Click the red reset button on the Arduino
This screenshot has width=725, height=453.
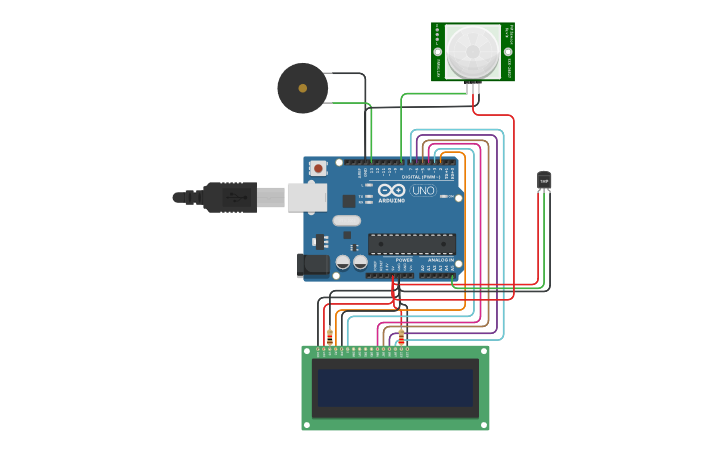[318, 168]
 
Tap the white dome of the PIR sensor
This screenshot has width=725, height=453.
[473, 51]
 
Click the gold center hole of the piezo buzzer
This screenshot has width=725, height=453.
[302, 88]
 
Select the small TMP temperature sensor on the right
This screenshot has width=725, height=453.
[544, 180]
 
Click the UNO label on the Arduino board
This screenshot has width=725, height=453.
[424, 190]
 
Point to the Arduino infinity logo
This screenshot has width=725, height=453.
[391, 190]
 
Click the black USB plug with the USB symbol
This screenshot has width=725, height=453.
[231, 197]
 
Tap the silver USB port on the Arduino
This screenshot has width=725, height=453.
[307, 197]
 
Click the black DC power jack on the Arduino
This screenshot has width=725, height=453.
[313, 265]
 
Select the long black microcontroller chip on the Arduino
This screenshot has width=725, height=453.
[412, 244]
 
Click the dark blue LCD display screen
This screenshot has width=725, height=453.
[395, 388]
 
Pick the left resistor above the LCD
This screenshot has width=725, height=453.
[330, 335]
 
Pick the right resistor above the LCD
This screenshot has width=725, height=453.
[401, 335]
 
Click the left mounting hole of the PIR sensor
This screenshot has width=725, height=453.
[437, 51]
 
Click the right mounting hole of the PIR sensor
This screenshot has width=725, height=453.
[508, 51]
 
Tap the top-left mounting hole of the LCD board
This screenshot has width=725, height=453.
[307, 351]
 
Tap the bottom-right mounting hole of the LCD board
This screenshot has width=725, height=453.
[484, 425]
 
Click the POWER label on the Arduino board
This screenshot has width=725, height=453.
[404, 260]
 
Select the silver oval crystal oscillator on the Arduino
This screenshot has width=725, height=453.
[346, 221]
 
